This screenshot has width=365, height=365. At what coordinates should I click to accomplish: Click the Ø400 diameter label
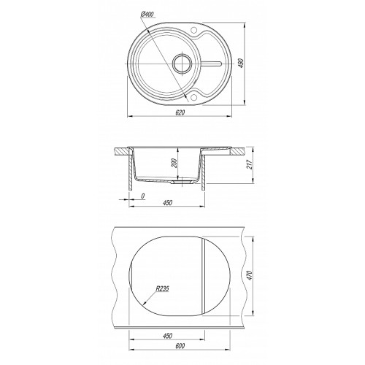147,15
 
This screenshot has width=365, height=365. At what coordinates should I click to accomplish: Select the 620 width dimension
180,112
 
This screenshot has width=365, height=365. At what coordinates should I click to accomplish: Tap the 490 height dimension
240,63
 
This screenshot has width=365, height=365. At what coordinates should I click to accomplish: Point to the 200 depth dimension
174,163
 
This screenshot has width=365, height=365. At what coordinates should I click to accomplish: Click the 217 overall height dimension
249,164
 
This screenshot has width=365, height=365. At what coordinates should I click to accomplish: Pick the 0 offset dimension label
143,196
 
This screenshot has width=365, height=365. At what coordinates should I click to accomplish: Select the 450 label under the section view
167,202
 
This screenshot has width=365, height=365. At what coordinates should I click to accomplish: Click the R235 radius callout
162,289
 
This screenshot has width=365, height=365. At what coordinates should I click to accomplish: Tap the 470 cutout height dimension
250,275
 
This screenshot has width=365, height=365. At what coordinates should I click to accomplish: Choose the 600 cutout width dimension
180,346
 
